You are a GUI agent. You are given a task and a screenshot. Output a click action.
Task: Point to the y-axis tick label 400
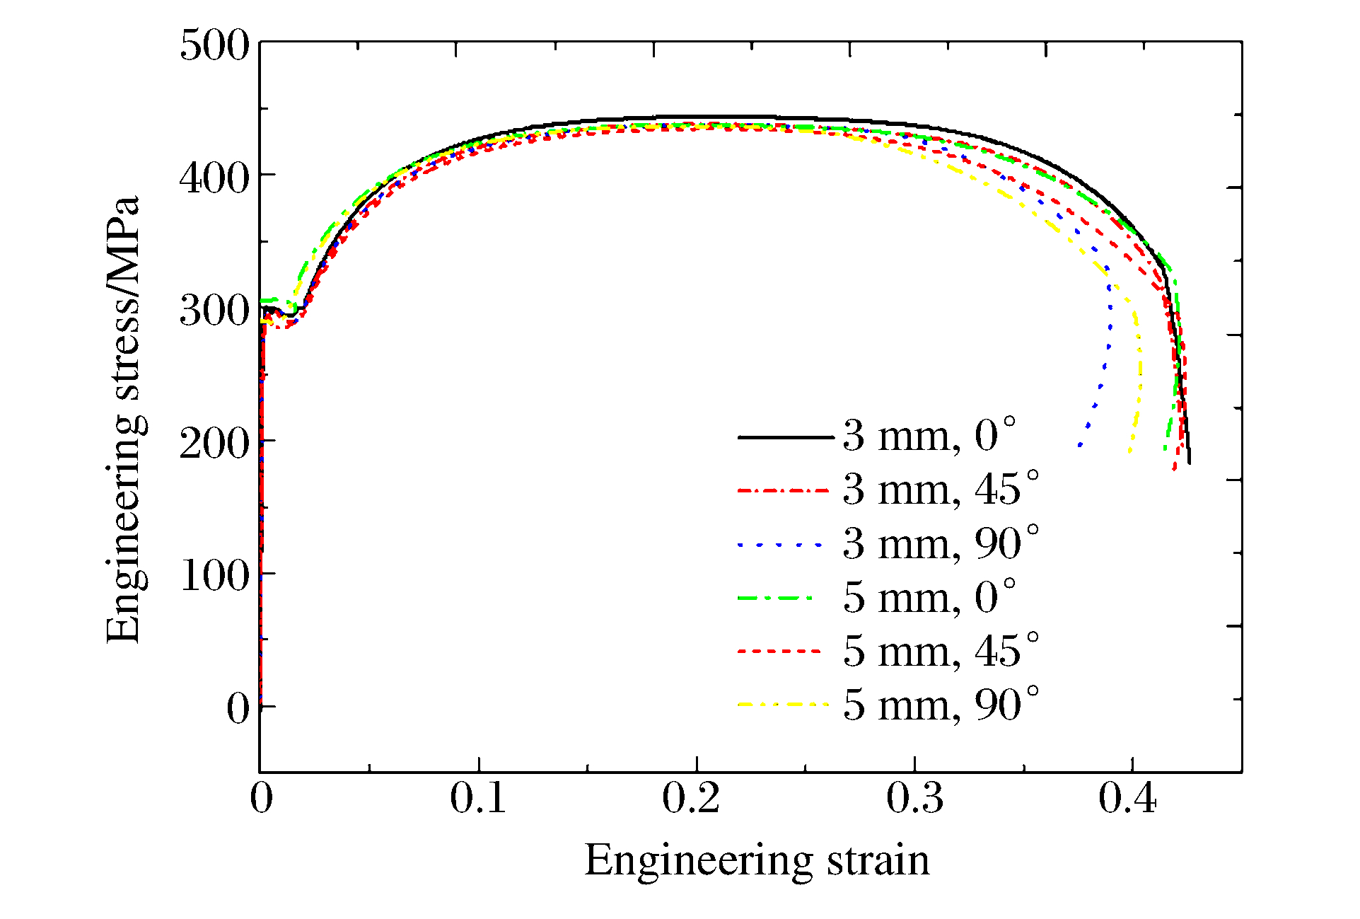(x=214, y=178)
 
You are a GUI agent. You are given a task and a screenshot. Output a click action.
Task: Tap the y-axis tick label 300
(x=214, y=311)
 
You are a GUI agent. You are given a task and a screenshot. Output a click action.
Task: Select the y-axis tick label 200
(x=214, y=444)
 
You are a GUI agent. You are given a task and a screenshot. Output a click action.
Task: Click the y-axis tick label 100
(x=216, y=576)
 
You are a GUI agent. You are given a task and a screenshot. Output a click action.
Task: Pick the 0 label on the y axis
(x=238, y=708)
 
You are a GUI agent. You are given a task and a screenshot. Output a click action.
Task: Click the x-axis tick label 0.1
(x=478, y=798)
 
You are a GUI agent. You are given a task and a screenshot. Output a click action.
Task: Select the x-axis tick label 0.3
(x=915, y=798)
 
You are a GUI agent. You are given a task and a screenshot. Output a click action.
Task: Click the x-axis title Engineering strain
(x=757, y=861)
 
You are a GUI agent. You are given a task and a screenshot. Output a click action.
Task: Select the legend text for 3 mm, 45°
(x=941, y=489)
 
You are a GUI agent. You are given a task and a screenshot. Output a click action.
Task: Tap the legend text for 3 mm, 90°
(x=941, y=543)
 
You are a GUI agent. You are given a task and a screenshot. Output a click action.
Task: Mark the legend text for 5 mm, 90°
(x=941, y=705)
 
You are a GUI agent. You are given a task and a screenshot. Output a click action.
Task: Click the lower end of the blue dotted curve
(x=1079, y=446)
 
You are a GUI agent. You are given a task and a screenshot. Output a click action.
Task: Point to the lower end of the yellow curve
(x=1130, y=451)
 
